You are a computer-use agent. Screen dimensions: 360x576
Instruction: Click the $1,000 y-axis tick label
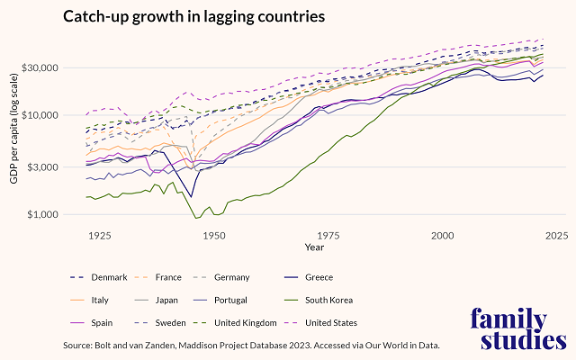41,215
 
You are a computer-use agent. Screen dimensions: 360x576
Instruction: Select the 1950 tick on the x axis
213,236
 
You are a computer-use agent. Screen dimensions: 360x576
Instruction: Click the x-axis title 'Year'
314,247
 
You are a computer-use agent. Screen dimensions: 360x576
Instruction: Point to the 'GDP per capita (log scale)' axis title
14,139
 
